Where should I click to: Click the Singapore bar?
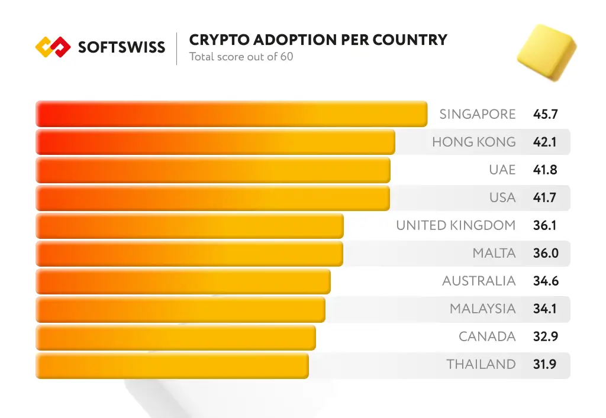231,114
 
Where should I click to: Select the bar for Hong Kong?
215,142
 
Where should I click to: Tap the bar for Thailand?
172,365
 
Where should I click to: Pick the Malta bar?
189,254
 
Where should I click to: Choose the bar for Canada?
175,337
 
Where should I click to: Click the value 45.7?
545,114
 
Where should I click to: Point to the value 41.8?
545,170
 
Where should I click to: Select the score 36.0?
545,254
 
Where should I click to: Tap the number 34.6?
545,281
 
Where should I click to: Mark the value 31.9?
544,365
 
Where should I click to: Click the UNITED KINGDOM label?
456,225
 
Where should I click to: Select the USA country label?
502,197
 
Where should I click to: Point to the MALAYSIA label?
482,309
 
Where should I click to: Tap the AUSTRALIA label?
479,281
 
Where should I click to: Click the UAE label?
502,170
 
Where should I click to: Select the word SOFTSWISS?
121,47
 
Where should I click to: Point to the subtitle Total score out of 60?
241,57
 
